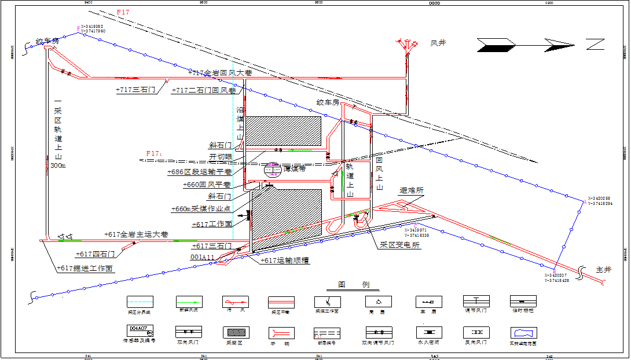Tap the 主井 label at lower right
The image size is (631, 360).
[x=603, y=270]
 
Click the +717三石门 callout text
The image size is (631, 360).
[x=135, y=90]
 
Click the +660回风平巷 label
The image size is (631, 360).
[x=207, y=185]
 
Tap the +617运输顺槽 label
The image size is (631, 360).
[x=285, y=260]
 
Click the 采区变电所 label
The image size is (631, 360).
[x=401, y=245]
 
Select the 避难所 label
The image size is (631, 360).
[x=411, y=190]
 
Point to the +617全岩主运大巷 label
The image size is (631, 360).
[x=137, y=234]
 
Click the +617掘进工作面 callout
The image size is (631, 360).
[x=85, y=268]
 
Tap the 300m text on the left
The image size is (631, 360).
[x=59, y=166]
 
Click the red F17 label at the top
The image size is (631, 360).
[x=123, y=12]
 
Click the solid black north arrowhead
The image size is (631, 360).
[x=495, y=45]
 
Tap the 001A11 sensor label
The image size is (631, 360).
[x=203, y=257]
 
